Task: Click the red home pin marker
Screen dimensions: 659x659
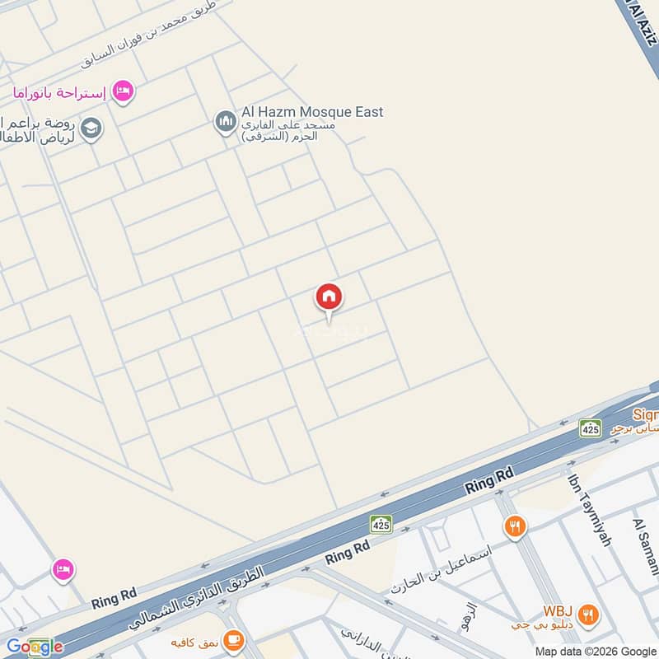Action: coord(329,297)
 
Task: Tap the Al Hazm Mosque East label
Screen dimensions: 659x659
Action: coord(312,112)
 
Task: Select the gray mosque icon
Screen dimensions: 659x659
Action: coord(225,123)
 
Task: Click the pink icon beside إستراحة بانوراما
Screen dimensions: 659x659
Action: coord(123,91)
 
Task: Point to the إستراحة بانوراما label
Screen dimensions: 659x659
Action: coord(59,92)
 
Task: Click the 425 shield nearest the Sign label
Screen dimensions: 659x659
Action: coord(590,428)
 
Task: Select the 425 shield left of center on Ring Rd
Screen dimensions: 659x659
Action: coord(381,523)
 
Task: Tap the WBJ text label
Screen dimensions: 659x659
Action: coord(557,612)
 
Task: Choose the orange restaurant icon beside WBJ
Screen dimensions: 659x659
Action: coord(587,613)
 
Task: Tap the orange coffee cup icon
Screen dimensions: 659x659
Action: coord(234,638)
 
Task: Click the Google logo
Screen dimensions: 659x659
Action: coord(34,647)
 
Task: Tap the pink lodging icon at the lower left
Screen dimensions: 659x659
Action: coord(63,568)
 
